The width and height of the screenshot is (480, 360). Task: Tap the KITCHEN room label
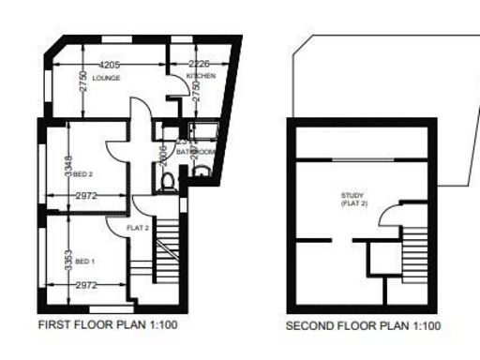point(201,76)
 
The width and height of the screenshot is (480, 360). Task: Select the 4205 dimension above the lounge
point(111,64)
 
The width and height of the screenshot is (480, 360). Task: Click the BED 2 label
point(84,173)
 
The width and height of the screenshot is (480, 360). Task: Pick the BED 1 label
point(85,260)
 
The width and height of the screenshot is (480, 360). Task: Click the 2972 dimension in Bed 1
point(86,284)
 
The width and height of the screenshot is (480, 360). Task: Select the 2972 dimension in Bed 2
point(86,195)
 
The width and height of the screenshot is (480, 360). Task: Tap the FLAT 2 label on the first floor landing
point(140,227)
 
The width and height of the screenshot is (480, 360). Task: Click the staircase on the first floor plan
point(166,246)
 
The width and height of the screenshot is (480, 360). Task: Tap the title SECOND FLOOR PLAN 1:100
point(361,327)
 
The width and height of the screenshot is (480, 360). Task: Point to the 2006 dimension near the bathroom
point(162,155)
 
